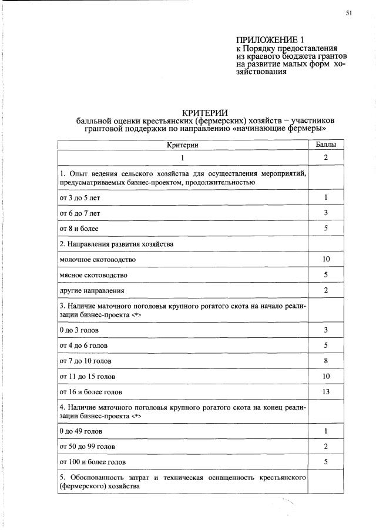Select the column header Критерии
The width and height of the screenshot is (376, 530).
[183, 144]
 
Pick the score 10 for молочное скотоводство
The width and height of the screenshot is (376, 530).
[325, 259]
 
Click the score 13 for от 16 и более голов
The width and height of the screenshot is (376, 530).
[325, 391]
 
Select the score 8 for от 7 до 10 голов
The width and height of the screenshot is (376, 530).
[325, 360]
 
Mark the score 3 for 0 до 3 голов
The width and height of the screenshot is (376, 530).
[325, 330]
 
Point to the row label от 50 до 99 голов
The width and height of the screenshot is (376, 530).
[88, 447]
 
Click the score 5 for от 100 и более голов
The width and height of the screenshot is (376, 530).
[325, 462]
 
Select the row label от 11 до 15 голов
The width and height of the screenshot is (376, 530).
[88, 376]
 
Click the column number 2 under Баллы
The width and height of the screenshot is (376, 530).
[325, 158]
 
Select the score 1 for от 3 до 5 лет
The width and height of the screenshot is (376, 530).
[325, 197]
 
